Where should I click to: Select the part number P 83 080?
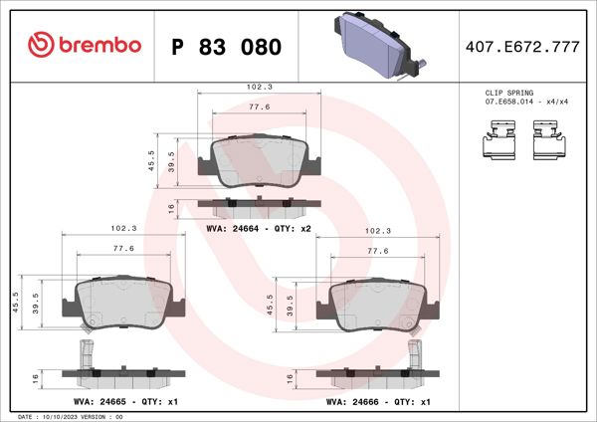coord(226,47)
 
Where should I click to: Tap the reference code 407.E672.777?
coord(522,47)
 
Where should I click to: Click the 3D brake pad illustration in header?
coord(375,46)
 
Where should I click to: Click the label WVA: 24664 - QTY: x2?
coord(259,229)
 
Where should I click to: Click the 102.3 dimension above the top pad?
coord(261,87)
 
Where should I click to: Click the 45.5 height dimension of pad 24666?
coord(270,302)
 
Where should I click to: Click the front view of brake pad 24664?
coord(260,163)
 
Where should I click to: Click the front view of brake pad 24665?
coord(122,303)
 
